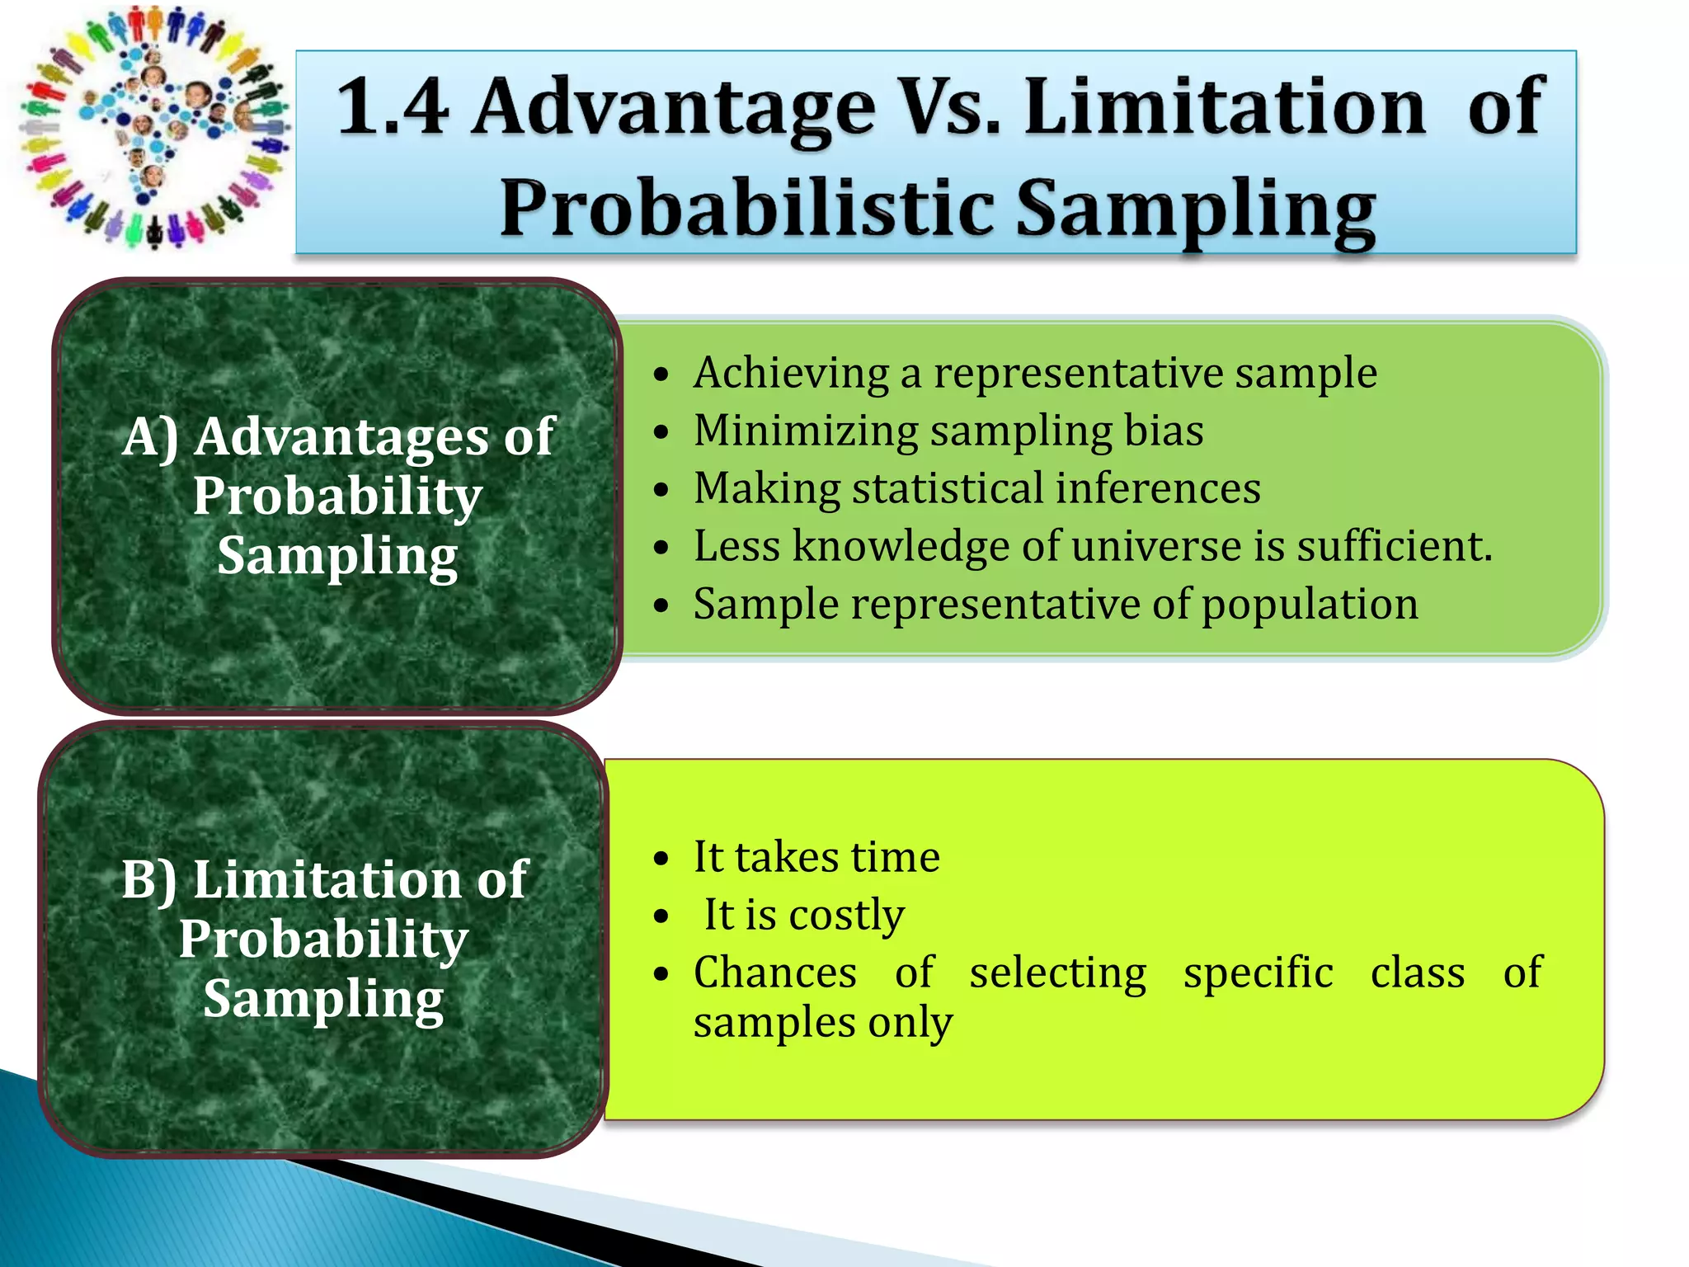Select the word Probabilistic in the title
(747, 208)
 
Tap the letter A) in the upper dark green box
(150, 437)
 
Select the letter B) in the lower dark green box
(148, 879)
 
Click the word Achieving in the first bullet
(791, 374)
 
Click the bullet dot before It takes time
(661, 860)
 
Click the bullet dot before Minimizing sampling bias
(661, 432)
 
